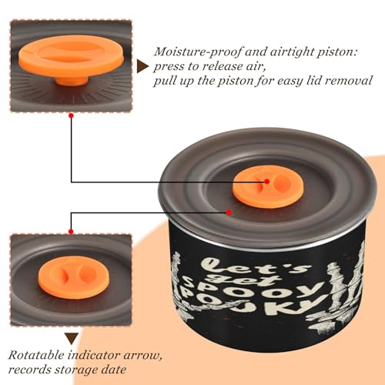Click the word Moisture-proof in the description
(x=198, y=52)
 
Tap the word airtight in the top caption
(x=292, y=52)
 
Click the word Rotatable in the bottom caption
(x=36, y=356)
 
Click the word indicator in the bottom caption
(x=94, y=356)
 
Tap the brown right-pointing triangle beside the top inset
(x=142, y=67)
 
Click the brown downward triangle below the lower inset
(x=72, y=339)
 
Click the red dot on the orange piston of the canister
(x=267, y=182)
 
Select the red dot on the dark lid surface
(x=229, y=213)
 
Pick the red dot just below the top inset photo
(x=72, y=115)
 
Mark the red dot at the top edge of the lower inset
(x=71, y=232)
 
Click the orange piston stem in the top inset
(x=72, y=81)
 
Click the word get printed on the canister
(x=248, y=280)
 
